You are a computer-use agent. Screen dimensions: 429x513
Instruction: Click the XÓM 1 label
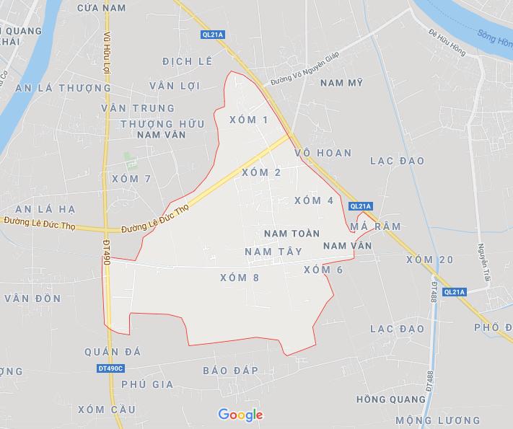(247, 120)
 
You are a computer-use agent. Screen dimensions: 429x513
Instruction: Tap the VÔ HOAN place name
(323, 153)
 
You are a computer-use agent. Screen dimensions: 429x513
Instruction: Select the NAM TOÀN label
(291, 234)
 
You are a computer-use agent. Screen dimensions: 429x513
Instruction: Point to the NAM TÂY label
(273, 251)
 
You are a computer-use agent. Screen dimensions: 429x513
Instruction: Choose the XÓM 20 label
(430, 260)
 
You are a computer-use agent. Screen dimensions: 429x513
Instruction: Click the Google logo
(240, 415)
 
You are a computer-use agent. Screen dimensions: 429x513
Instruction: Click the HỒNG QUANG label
(391, 399)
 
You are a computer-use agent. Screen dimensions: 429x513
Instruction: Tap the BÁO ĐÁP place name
(230, 369)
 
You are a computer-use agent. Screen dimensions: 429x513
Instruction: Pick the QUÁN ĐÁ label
(112, 352)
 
